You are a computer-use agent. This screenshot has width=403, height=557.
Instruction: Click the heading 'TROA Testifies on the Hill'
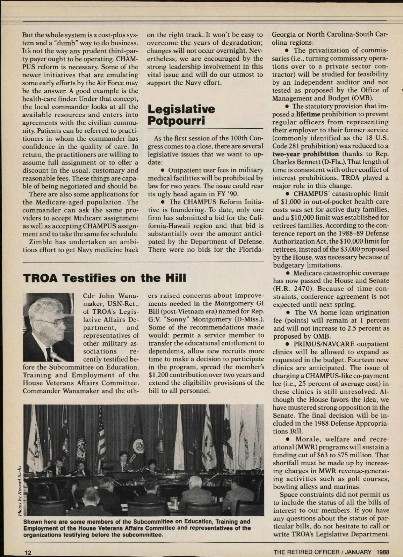point(104,278)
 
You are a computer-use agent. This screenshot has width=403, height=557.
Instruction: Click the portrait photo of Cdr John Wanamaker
point(48,327)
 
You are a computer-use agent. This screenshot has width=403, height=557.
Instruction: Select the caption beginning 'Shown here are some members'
point(137,528)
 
